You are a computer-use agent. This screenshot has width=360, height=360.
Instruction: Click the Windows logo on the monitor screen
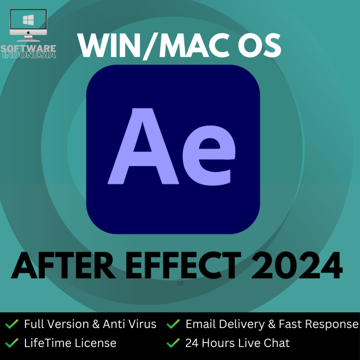coord(28,20)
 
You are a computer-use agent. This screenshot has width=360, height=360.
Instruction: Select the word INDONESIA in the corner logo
coord(29,55)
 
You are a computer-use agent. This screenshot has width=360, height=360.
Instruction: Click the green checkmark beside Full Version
coord(12,324)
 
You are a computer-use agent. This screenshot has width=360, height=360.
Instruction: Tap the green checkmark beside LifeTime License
coord(12,343)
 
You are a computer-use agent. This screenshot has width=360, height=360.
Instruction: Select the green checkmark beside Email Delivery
coord(173,324)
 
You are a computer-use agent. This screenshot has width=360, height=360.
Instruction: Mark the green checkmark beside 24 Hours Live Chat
coord(173,343)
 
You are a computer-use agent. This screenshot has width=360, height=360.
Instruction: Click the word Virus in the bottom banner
coord(142,324)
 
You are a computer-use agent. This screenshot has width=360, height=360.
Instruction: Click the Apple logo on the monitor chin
coord(28,32)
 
